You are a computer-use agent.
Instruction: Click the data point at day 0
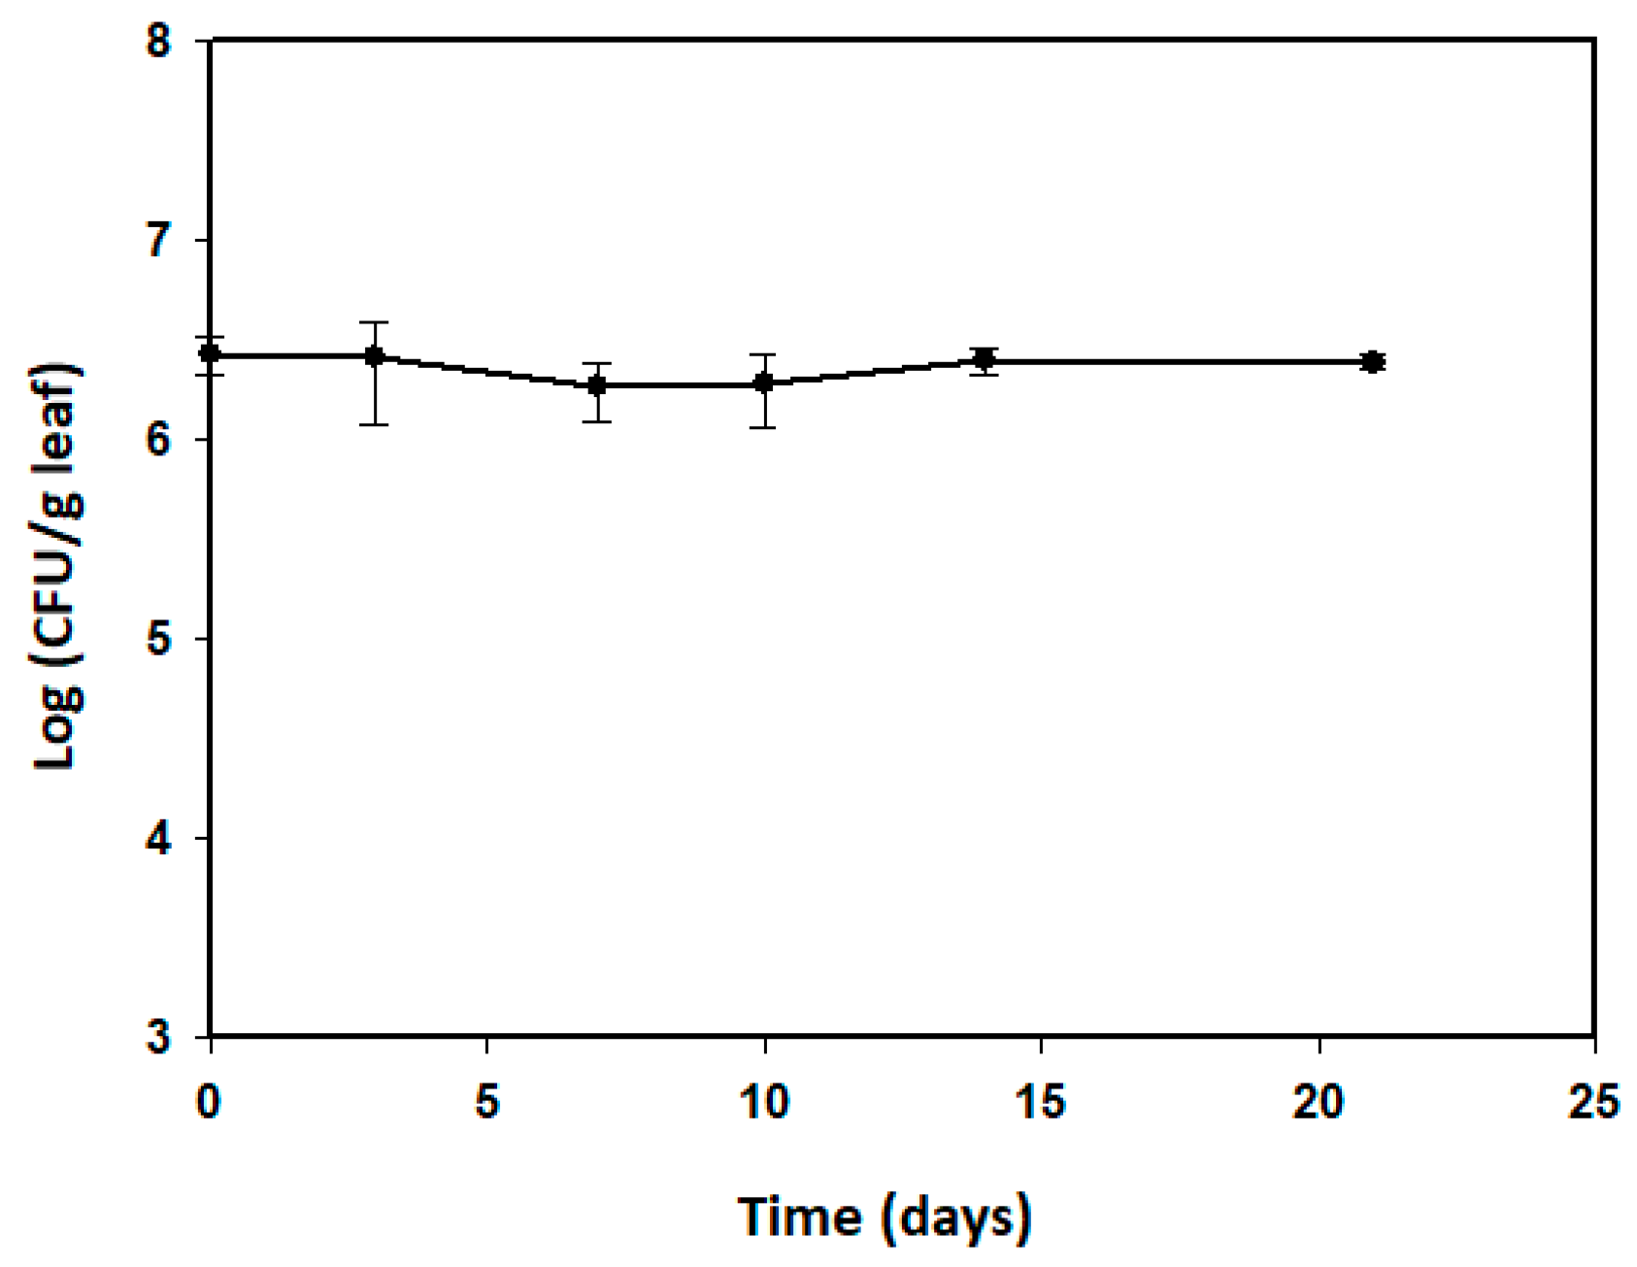[210, 353]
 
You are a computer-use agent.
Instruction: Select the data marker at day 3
[375, 356]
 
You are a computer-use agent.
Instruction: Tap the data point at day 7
[597, 384]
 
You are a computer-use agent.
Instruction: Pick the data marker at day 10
[764, 383]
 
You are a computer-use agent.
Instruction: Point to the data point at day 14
[985, 360]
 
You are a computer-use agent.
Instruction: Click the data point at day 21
[1372, 362]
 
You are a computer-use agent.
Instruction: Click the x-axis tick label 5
[487, 1103]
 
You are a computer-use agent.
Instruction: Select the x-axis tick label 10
[764, 1103]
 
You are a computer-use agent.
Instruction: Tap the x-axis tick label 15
[1041, 1103]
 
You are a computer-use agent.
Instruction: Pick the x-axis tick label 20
[1319, 1103]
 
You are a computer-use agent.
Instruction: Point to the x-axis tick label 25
[1594, 1103]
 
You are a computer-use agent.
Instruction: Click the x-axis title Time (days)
[885, 1217]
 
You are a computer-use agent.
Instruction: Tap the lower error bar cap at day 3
[375, 424]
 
